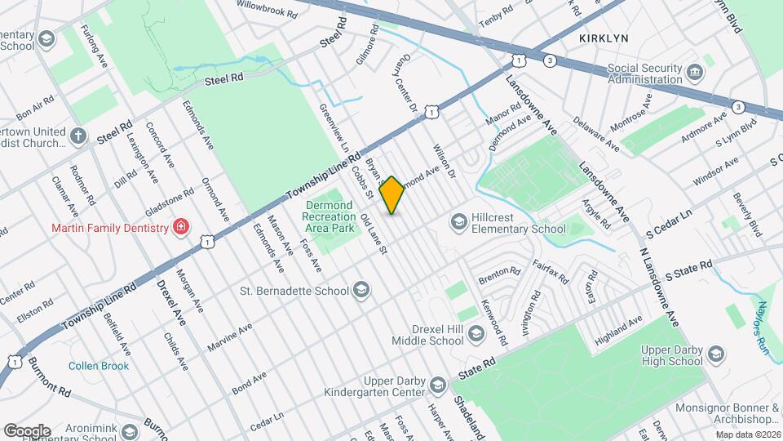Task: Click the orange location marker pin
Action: click(392, 195)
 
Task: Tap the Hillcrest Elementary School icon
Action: click(459, 221)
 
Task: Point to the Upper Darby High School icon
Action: click(716, 354)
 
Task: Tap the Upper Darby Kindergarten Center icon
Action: click(438, 384)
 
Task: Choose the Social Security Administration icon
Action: click(694, 73)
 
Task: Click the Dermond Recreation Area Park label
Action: click(328, 216)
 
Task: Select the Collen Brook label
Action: click(99, 366)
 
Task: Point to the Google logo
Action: click(27, 430)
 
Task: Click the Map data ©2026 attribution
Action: click(747, 434)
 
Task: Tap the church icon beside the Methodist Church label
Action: click(77, 136)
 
